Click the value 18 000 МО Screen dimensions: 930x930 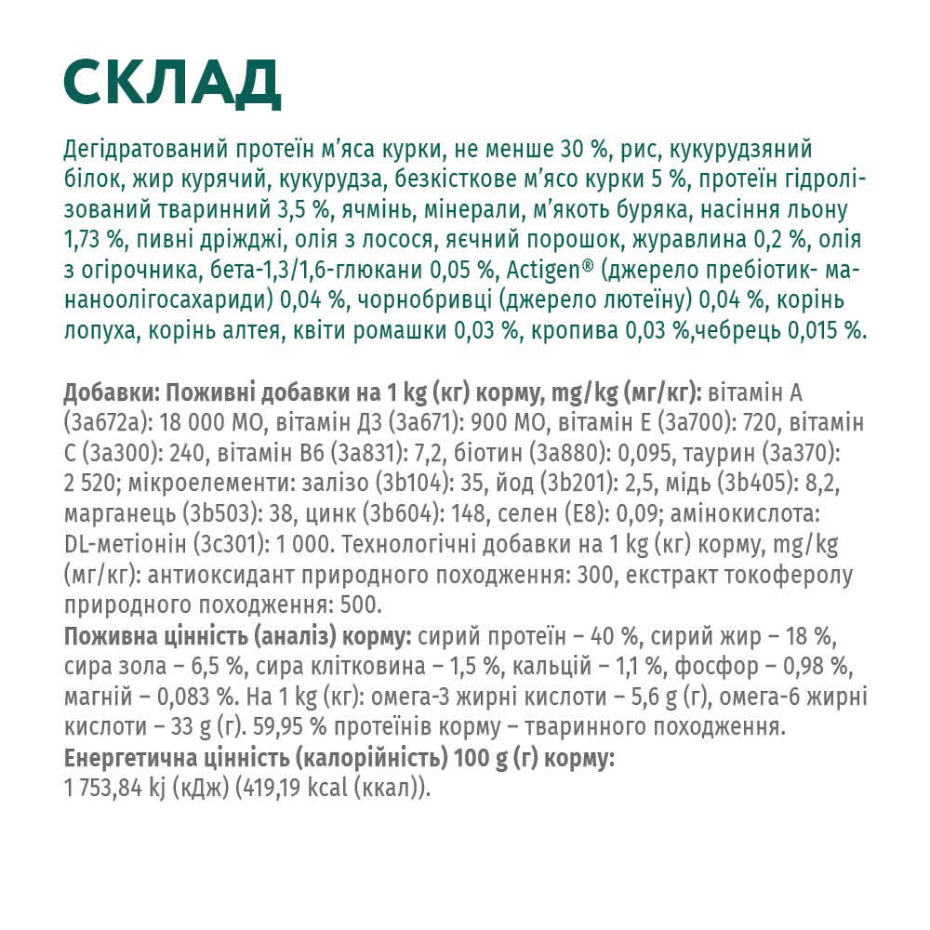tap(214, 423)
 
